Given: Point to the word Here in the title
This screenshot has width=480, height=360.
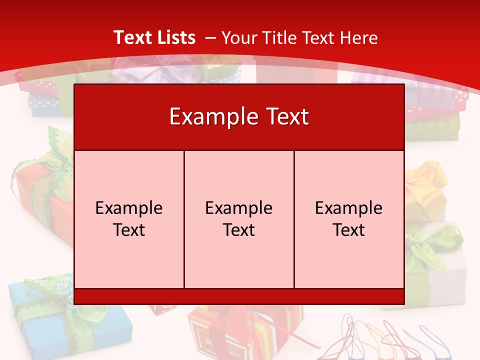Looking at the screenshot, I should pos(358,37).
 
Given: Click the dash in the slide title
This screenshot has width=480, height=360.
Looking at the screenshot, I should pos(210,38).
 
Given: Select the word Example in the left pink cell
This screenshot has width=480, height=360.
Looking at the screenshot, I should pos(129,208).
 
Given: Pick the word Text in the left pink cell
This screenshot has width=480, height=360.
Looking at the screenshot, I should pos(129,230).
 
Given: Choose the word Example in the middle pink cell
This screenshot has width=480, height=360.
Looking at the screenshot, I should pos(239,208).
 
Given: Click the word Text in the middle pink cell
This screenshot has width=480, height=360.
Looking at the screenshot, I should pos(239,230).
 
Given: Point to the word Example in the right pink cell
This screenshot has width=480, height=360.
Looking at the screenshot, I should pos(349,208).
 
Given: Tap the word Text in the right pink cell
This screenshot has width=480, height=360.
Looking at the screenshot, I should pos(349,230).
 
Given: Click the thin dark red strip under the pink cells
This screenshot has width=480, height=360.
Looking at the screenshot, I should pos(239,296).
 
